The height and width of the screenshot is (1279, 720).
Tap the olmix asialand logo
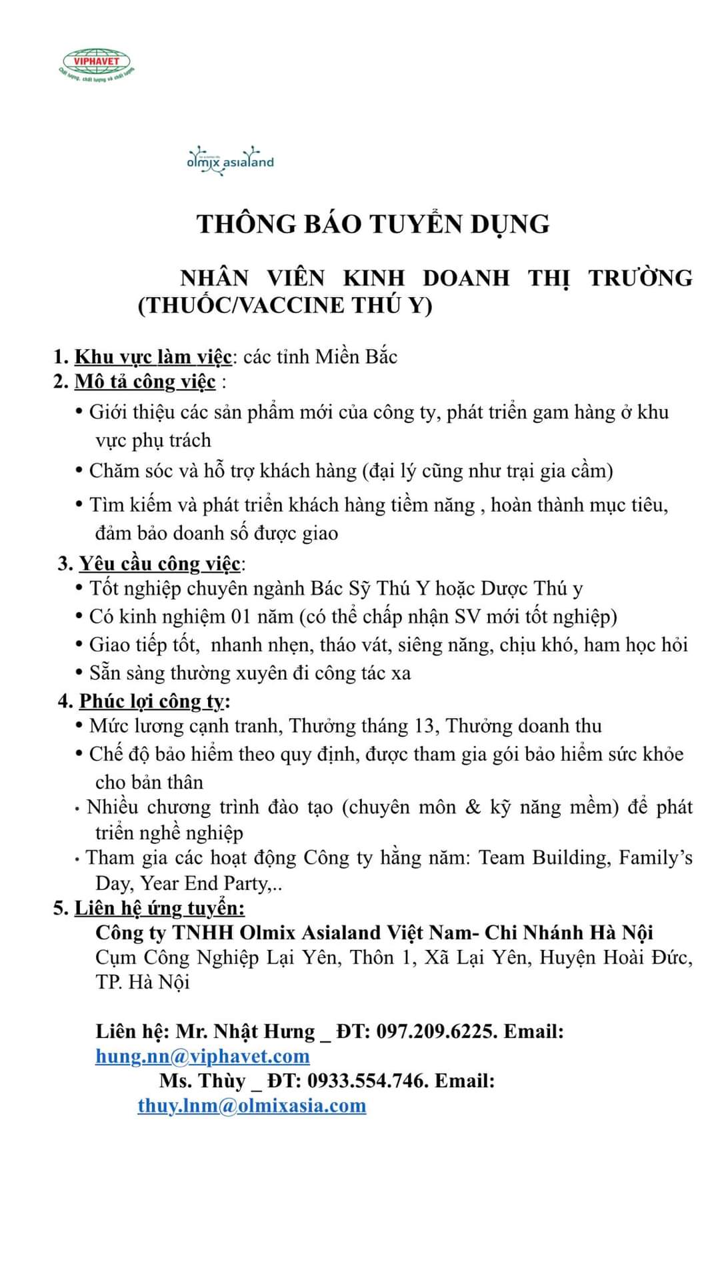click(230, 161)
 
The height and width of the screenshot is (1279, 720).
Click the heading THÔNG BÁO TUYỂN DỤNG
click(373, 224)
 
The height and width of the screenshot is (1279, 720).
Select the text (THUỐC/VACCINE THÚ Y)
click(285, 306)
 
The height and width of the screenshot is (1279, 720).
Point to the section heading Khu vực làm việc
click(153, 357)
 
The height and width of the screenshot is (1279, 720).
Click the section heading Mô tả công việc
click(145, 382)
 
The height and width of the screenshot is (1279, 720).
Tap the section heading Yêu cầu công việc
click(159, 564)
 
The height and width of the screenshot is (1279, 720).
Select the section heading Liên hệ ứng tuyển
click(159, 908)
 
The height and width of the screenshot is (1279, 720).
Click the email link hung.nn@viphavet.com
click(203, 1057)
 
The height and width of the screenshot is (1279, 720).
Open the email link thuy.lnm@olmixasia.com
click(252, 1106)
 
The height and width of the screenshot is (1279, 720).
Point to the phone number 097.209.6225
click(436, 1032)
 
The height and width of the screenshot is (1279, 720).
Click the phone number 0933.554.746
click(367, 1080)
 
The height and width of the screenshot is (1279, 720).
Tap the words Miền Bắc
click(356, 357)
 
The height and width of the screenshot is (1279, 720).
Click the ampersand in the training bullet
click(473, 807)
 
